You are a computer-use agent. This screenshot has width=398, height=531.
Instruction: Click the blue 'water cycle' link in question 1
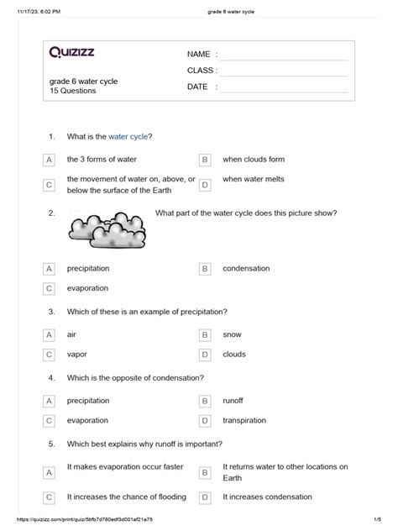128,136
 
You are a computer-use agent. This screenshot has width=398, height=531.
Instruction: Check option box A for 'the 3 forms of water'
50,160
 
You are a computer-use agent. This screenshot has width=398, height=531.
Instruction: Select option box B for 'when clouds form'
204,160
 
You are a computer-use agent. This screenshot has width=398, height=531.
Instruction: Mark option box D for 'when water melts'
204,184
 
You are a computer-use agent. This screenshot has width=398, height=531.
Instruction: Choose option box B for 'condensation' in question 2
204,269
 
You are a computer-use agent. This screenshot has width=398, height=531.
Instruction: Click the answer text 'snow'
232,334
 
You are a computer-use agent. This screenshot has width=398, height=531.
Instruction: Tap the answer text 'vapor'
77,355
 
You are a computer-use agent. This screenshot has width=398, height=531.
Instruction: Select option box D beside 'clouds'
204,355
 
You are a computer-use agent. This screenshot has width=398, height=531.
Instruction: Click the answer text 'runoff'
235,401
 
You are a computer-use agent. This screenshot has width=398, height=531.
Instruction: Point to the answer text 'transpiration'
244,420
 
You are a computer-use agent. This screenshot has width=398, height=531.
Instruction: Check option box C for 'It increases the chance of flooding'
50,498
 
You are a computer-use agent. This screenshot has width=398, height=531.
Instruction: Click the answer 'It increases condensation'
268,498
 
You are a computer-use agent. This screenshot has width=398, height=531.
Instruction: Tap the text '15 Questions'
72,91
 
